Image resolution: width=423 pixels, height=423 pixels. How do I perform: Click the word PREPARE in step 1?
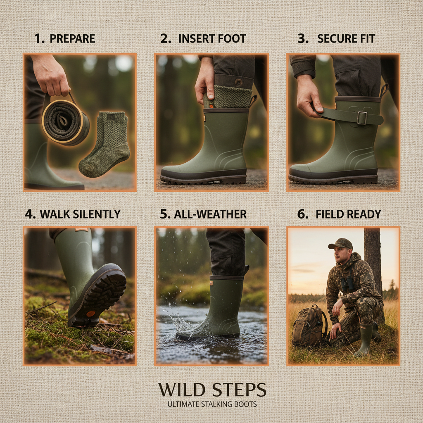coord(72,39)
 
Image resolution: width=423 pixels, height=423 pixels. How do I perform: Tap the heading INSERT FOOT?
coord(212,39)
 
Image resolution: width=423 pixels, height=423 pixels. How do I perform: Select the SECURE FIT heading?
coord(346,39)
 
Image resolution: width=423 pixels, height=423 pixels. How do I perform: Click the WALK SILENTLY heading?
coord(80,214)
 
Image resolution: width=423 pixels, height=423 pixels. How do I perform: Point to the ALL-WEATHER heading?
coord(210,214)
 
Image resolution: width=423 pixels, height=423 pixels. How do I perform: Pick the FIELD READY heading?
coord(348,214)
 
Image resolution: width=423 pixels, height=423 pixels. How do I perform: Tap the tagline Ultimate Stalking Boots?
coord(212,404)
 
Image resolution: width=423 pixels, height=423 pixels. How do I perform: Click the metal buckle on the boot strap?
coord(362,118)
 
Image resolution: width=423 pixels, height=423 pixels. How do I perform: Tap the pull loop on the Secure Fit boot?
coord(385,90)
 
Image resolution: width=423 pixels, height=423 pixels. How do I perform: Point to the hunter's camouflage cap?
coord(340,243)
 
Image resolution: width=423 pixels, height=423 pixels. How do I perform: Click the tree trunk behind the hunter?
coord(373,260)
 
